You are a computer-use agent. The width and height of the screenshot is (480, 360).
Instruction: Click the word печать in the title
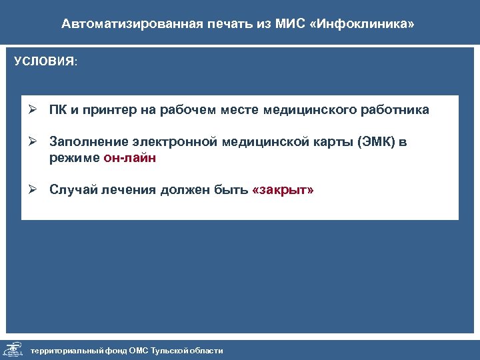click(x=212, y=24)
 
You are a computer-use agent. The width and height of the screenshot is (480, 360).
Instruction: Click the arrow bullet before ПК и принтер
click(x=32, y=110)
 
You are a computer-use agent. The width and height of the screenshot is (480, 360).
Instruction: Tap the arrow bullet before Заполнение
click(x=32, y=143)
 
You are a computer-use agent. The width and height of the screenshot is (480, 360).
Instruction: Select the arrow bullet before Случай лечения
click(x=32, y=190)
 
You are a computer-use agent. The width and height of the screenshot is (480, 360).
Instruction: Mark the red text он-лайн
click(x=129, y=158)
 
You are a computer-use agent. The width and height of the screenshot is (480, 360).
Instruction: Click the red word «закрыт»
click(x=283, y=190)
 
